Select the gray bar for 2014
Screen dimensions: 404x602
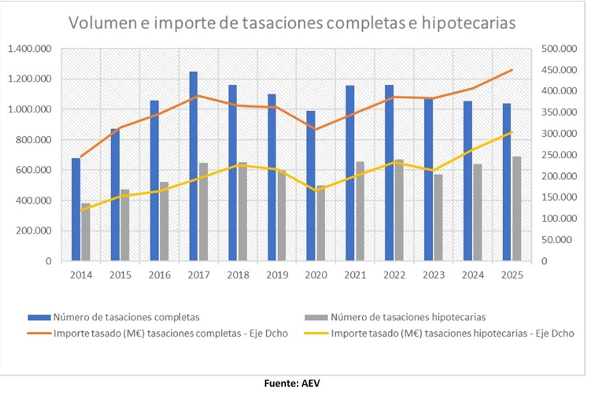(86, 232)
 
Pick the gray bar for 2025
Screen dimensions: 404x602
(516, 209)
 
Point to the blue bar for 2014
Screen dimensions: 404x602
(76, 209)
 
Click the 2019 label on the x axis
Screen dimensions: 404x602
(276, 275)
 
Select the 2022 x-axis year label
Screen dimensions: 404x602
(394, 275)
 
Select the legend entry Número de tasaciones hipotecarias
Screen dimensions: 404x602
(410, 316)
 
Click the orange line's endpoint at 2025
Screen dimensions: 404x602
(511, 70)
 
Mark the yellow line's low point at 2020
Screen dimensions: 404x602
(315, 191)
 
